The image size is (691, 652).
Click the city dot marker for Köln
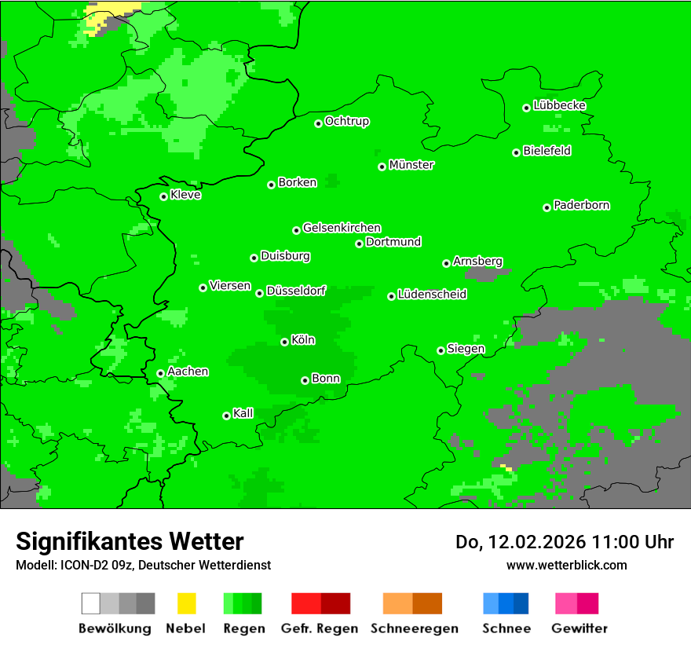pos(284,342)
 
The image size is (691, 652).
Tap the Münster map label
pos(411,165)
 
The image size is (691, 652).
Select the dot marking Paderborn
pos(547,207)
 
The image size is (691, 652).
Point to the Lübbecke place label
pos(560,105)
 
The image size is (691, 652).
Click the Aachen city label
pos(188,371)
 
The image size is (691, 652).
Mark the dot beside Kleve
pos(163,196)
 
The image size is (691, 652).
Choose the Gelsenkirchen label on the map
pos(342,228)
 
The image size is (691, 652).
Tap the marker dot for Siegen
pos(441,350)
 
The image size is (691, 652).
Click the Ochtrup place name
pos(347,121)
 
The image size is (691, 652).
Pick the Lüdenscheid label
pos(432,294)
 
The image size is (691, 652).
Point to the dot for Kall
pos(226,416)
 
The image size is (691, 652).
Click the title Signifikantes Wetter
pos(130,541)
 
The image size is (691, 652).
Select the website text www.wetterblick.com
pos(566,565)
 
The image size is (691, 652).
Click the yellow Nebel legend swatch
pos(186,603)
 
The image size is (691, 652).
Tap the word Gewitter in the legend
pos(579,628)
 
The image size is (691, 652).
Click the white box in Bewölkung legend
pos(90,603)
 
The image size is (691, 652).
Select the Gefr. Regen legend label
pos(320,628)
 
